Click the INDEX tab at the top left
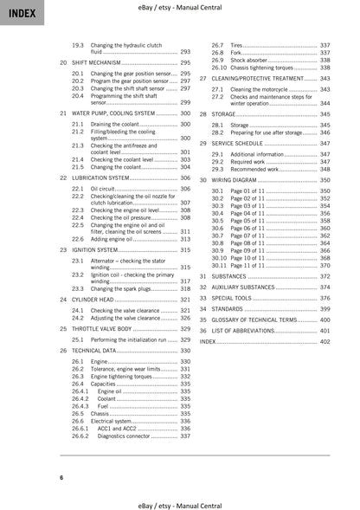[x=19, y=12]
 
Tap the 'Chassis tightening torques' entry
[x=266, y=67]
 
